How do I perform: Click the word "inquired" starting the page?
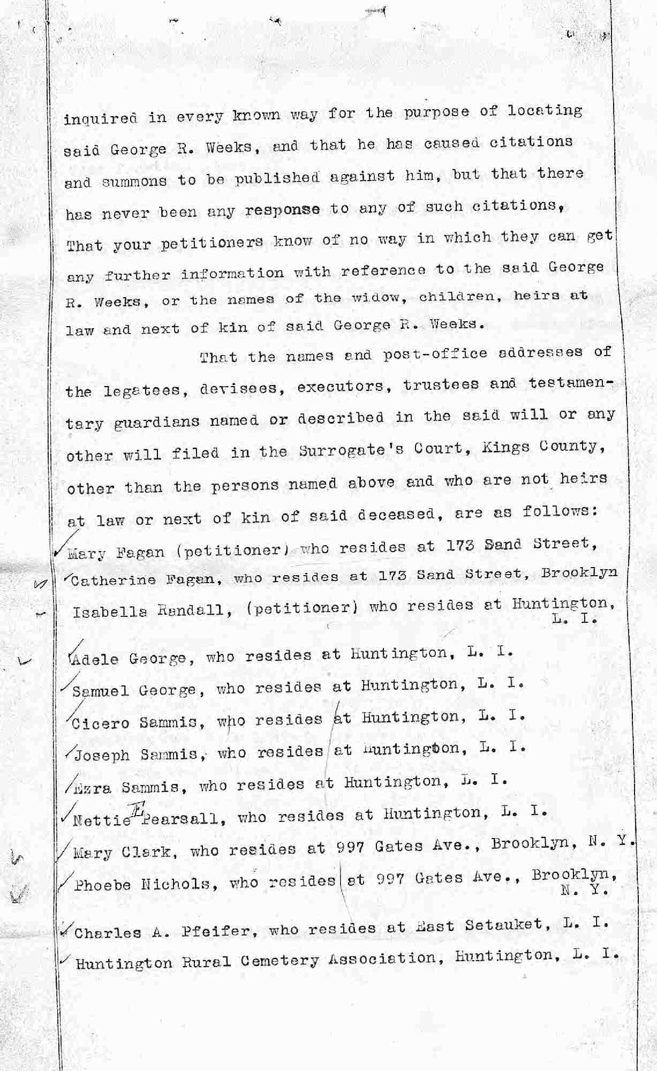(x=100, y=119)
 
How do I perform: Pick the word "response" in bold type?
(x=283, y=210)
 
